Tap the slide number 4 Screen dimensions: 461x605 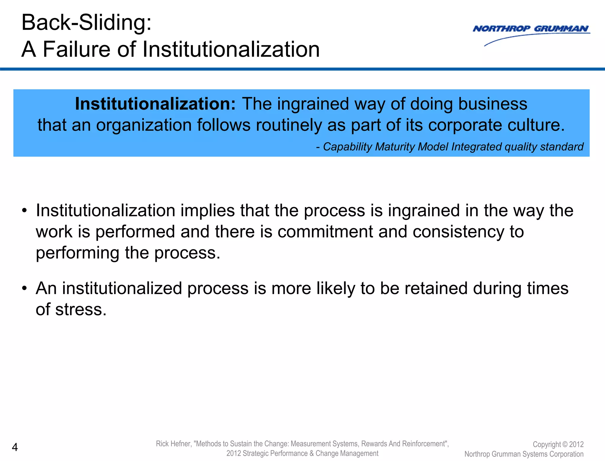15,447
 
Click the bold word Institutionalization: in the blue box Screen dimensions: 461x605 155,104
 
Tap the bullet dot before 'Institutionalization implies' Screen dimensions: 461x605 25,211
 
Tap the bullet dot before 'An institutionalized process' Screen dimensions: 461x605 25,288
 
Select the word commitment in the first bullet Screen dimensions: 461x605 325,232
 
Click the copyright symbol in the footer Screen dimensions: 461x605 565,445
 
